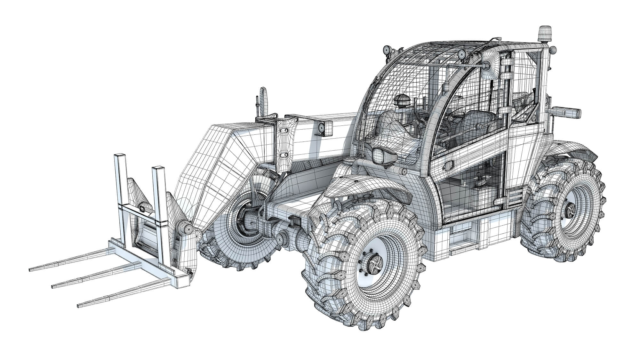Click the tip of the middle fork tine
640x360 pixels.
53,286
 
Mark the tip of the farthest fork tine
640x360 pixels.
30,269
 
